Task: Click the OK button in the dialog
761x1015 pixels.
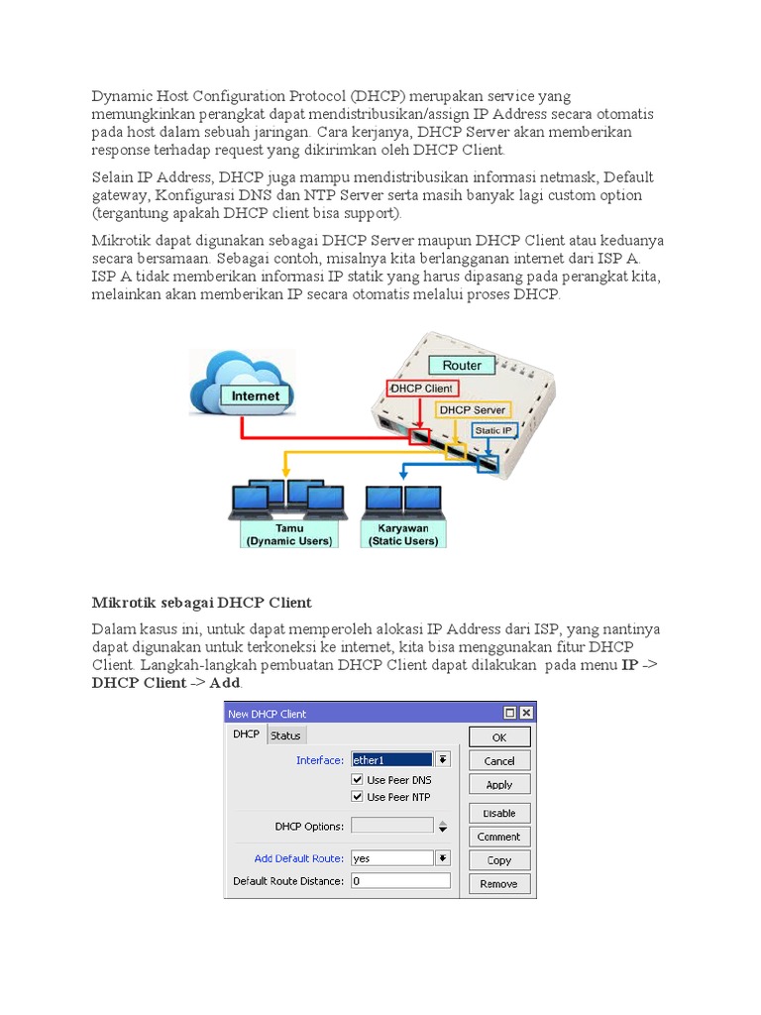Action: (498, 737)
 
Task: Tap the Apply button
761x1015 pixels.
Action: (498, 784)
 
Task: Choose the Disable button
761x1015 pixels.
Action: (498, 813)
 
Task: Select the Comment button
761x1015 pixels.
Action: (498, 837)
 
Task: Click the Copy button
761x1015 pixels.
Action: (498, 860)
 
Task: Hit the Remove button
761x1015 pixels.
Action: (498, 884)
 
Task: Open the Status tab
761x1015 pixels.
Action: (285, 735)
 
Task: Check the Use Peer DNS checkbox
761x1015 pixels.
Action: (358, 780)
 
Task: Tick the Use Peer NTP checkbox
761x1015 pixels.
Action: (358, 797)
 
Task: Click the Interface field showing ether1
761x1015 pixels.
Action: (391, 760)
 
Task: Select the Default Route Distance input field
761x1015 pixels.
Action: (399, 881)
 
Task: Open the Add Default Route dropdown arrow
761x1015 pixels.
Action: (443, 858)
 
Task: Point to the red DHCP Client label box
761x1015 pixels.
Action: (421, 389)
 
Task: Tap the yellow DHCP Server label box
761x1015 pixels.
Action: (473, 409)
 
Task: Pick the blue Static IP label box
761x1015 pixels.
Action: (493, 430)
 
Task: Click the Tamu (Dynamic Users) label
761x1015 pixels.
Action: (289, 535)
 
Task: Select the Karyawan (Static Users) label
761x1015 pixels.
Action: (403, 535)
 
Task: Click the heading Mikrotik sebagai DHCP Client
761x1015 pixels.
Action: (201, 602)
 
